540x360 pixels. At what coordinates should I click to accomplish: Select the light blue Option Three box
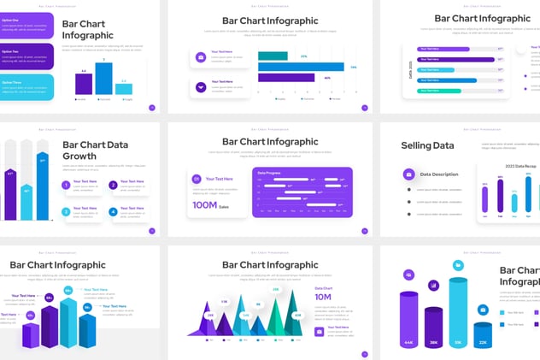tap(26, 86)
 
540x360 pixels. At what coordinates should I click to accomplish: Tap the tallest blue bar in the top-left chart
tap(104, 78)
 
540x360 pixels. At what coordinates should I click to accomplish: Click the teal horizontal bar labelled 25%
tap(273, 56)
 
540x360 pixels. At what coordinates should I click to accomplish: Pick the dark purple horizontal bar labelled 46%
tap(286, 78)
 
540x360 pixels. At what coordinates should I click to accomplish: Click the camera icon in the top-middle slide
tap(201, 56)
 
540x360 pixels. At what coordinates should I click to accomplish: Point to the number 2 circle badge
tap(113, 185)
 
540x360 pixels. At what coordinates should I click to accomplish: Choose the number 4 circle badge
tap(113, 211)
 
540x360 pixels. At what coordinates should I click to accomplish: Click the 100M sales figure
tap(205, 205)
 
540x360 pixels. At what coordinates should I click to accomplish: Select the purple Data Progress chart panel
tap(302, 192)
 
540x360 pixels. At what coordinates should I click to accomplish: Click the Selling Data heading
tap(427, 145)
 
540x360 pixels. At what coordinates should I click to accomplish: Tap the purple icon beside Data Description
tap(408, 174)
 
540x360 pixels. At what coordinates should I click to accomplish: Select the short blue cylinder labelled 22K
tap(483, 333)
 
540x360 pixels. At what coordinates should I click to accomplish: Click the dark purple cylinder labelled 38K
tap(433, 328)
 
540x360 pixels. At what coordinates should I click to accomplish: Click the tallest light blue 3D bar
tap(68, 321)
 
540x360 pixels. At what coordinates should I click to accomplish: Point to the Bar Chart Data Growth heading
tap(95, 150)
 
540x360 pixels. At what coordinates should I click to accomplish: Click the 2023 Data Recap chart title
tap(519, 165)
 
